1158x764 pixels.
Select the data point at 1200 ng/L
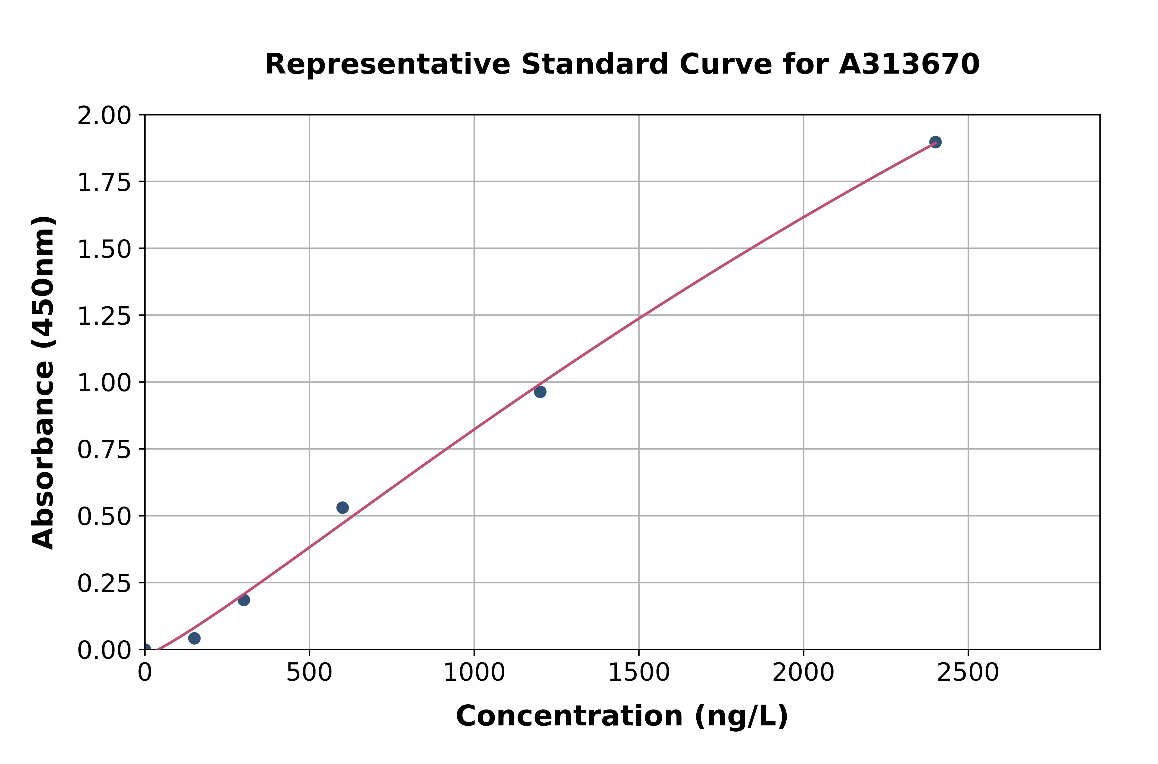point(540,392)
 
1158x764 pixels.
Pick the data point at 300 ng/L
point(244,600)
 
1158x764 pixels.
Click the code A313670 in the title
point(909,64)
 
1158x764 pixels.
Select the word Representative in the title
point(388,64)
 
